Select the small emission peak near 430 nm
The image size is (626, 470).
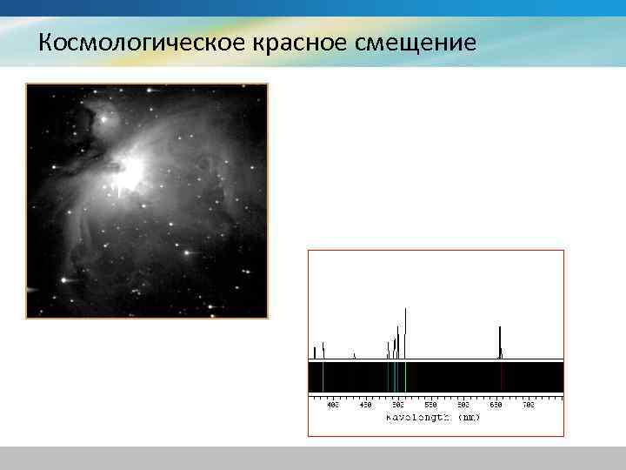(x=354, y=355)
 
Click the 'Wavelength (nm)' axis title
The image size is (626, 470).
(x=433, y=418)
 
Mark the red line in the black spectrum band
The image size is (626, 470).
(x=501, y=377)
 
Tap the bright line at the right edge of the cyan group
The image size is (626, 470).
(x=405, y=377)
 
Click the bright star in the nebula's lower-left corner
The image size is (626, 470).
(x=63, y=280)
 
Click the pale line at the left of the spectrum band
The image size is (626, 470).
(x=323, y=377)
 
